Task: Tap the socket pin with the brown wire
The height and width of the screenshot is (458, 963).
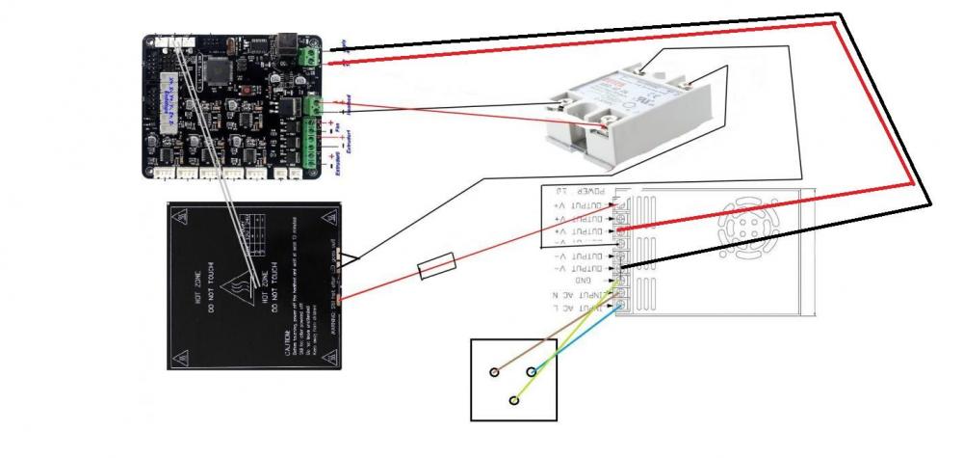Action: pyautogui.click(x=494, y=371)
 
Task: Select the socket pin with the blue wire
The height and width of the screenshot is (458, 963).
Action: pyautogui.click(x=531, y=371)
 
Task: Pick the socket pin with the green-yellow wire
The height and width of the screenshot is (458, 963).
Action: pyautogui.click(x=514, y=399)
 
